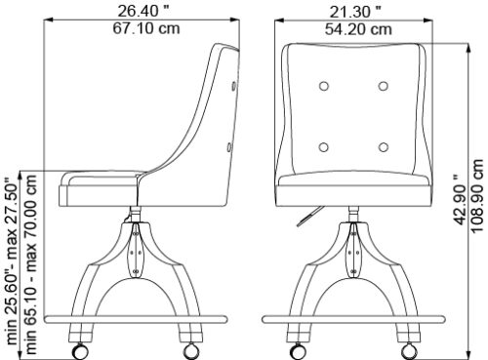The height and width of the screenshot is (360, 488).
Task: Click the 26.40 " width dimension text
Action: [143, 11]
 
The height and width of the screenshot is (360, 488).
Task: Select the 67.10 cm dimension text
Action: [146, 28]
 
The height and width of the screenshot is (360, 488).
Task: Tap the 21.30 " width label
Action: [355, 12]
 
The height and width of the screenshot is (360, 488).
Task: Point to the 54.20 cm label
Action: [358, 29]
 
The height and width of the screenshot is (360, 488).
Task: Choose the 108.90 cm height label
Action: [477, 196]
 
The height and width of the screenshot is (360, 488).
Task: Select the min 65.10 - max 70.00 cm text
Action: [31, 264]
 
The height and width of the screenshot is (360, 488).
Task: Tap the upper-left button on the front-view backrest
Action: [324, 86]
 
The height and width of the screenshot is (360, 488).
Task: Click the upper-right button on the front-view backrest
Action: [384, 86]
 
